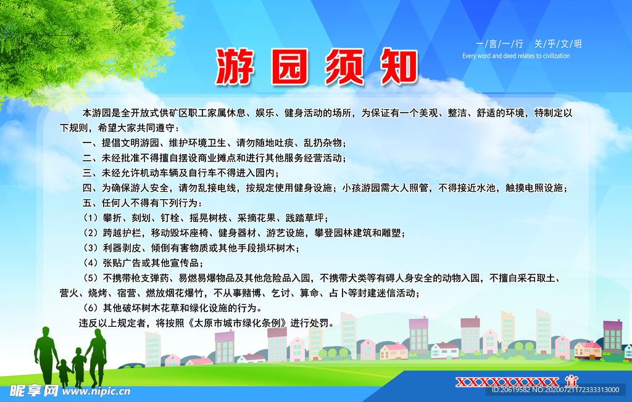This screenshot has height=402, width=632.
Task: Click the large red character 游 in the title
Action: click(x=236, y=66)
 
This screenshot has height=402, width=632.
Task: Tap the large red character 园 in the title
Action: click(x=289, y=66)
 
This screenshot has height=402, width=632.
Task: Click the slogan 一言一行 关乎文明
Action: click(x=529, y=44)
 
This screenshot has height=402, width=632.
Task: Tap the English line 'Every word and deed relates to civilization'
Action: click(x=516, y=56)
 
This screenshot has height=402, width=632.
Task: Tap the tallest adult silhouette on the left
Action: click(x=46, y=358)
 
